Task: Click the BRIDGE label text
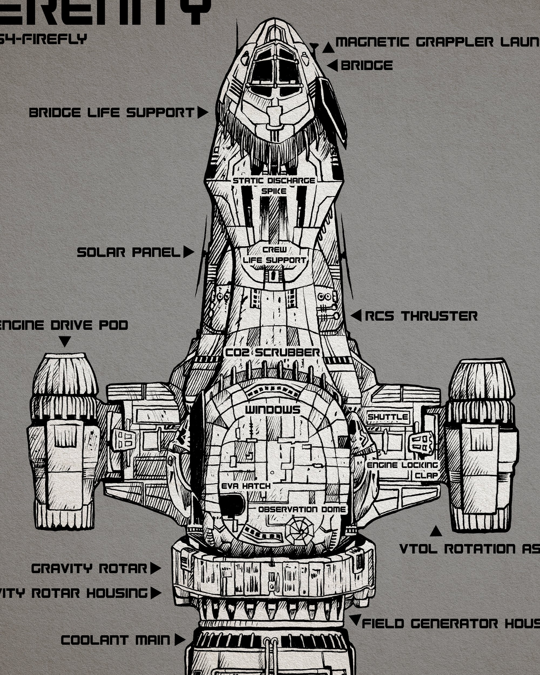(366, 65)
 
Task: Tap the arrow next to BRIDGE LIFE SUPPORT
(202, 112)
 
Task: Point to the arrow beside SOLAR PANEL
(188, 252)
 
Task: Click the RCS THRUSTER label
(421, 316)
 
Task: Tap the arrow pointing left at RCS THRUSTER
(356, 316)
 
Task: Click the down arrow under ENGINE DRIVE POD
(65, 341)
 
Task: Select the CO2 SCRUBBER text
(273, 353)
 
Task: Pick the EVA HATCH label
(246, 486)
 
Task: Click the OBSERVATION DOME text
(302, 509)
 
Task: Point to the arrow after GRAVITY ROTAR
(155, 568)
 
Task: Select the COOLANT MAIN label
(115, 640)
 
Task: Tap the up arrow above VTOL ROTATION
(436, 531)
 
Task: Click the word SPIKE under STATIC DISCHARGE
(274, 191)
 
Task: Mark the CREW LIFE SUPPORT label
(275, 255)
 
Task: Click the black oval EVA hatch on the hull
(232, 505)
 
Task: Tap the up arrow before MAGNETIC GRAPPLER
(328, 48)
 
